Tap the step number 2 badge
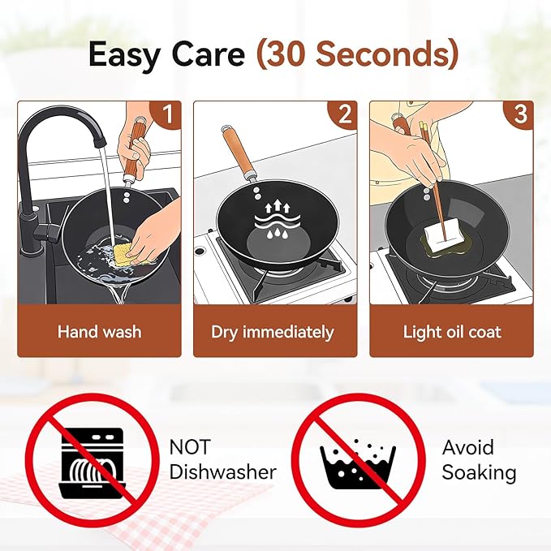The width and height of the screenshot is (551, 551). point(343,115)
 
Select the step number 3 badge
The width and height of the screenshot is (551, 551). point(519,115)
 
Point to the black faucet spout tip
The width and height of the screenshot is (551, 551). point(100,142)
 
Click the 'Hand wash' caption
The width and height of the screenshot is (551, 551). point(100,332)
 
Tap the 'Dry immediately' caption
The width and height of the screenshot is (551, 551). point(273,332)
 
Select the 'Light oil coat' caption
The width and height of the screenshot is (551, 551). point(452,332)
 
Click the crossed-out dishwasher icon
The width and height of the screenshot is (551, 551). point(92,460)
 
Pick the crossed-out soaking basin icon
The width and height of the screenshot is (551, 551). point(359,460)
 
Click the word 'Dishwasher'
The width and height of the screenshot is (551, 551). point(223,471)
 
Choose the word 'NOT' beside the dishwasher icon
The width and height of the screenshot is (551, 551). point(190,446)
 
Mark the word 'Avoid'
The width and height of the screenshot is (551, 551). point(467,447)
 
